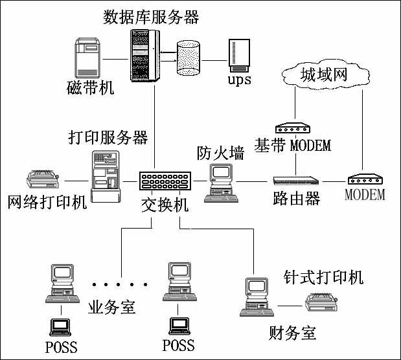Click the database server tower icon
click(x=144, y=56)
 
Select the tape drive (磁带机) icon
click(x=87, y=58)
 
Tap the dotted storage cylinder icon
click(x=189, y=58)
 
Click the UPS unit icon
click(x=239, y=56)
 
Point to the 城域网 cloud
click(x=326, y=74)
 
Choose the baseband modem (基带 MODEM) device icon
click(x=293, y=128)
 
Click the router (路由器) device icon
click(x=296, y=181)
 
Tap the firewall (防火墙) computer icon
click(x=221, y=183)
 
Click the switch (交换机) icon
click(x=165, y=181)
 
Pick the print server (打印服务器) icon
click(x=106, y=176)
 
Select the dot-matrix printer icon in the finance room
click(x=321, y=302)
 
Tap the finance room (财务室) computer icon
click(x=257, y=297)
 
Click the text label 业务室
click(x=111, y=307)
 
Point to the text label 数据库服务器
click(x=151, y=17)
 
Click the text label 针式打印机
click(x=323, y=276)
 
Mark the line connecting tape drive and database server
click(x=115, y=60)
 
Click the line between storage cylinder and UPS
click(x=214, y=61)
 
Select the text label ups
click(x=240, y=80)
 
